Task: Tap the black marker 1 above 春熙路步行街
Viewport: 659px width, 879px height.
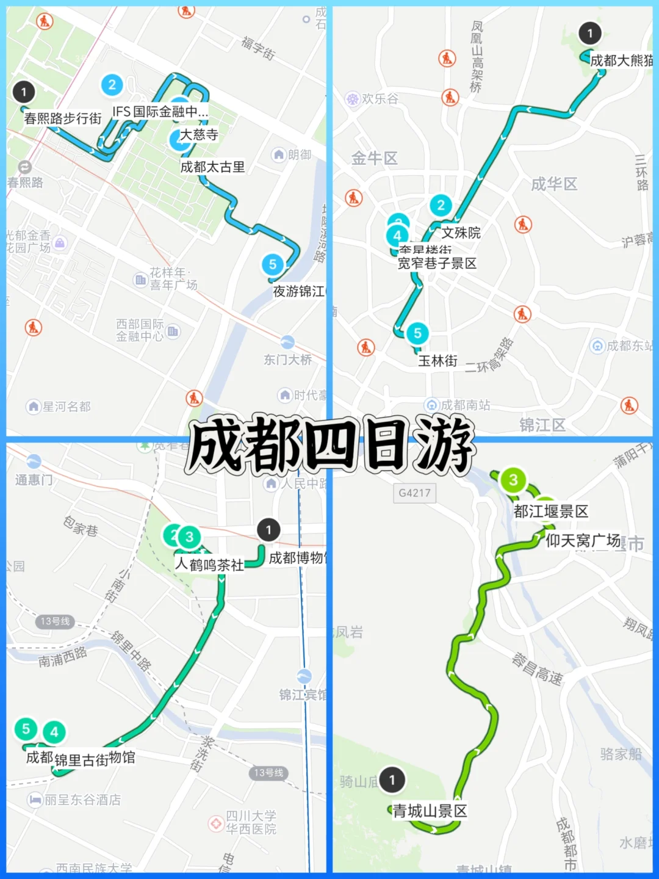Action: click(x=24, y=92)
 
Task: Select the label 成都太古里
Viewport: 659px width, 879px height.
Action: click(x=212, y=167)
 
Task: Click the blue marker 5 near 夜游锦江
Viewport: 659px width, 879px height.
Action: click(x=273, y=264)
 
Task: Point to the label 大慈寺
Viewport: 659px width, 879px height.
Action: click(x=199, y=134)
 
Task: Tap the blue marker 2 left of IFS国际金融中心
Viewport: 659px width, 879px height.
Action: click(x=112, y=85)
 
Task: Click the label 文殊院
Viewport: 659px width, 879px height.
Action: click(x=461, y=233)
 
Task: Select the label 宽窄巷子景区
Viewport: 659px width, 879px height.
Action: click(x=437, y=263)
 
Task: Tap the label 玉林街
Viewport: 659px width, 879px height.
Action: click(x=438, y=361)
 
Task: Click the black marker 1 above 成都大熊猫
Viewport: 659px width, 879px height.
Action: click(x=589, y=34)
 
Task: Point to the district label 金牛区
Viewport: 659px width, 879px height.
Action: click(x=374, y=159)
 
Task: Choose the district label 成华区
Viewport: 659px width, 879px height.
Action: click(x=553, y=184)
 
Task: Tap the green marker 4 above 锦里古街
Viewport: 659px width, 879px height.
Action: click(x=54, y=732)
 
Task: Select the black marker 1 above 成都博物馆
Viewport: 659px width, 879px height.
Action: click(x=268, y=530)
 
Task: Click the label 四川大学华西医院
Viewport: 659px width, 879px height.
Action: click(x=251, y=822)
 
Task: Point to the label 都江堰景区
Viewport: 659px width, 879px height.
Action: click(x=550, y=511)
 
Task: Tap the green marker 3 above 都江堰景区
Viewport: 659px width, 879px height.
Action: click(x=513, y=480)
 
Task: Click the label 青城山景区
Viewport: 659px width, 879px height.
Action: click(x=430, y=811)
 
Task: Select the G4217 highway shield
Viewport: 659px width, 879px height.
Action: click(x=414, y=493)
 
